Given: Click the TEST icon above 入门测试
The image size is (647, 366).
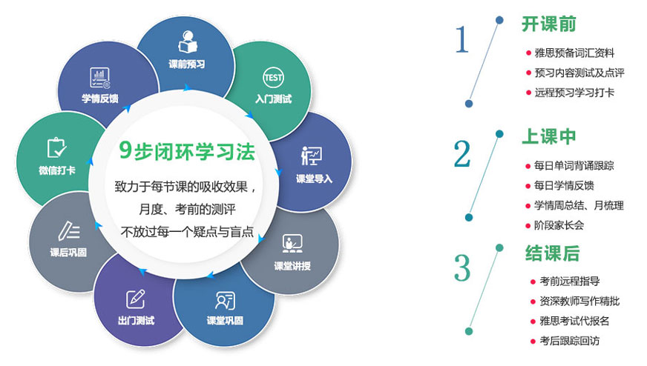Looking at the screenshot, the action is [273, 78].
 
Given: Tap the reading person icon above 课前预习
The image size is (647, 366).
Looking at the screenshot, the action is [188, 41].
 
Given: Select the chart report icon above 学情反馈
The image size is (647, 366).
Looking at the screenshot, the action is [100, 78].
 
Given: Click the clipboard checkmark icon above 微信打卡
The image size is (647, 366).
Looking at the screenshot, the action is [57, 147].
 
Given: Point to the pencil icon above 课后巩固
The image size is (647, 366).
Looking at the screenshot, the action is [69, 231].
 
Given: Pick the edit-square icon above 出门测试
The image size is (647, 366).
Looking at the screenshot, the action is [136, 299].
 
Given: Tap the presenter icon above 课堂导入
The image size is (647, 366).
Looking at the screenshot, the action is [312, 156].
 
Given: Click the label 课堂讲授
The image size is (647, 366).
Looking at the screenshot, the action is [292, 266].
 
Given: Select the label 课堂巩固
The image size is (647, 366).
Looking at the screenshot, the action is [225, 321].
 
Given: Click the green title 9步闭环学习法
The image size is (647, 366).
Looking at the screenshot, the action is [187, 151].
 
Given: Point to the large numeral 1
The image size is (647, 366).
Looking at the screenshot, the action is [462, 39].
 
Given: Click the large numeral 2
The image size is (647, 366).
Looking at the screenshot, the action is [462, 154].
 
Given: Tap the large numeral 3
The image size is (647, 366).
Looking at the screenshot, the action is [462, 268].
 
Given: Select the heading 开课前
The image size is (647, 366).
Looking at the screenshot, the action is [549, 24].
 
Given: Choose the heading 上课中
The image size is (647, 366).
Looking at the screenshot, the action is [549, 136].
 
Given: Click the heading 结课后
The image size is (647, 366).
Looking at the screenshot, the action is [553, 253].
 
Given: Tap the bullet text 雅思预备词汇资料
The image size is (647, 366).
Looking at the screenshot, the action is [574, 53].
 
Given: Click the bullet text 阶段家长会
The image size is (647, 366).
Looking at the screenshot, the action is [559, 225].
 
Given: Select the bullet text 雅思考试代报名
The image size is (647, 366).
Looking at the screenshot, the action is [574, 321].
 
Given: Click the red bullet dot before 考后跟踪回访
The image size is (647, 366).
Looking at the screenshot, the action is [533, 342].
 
